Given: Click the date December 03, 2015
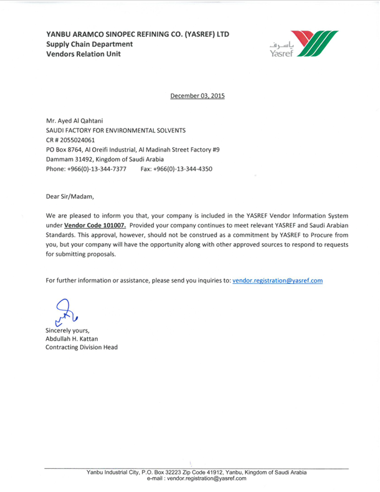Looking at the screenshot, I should coord(197,96).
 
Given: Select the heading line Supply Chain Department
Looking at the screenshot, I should coord(89,44).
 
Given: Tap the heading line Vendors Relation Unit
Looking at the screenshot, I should coord(83,54).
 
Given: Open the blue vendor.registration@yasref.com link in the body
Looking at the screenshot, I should coord(277,281).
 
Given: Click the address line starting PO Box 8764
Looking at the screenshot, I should coord(133,150).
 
